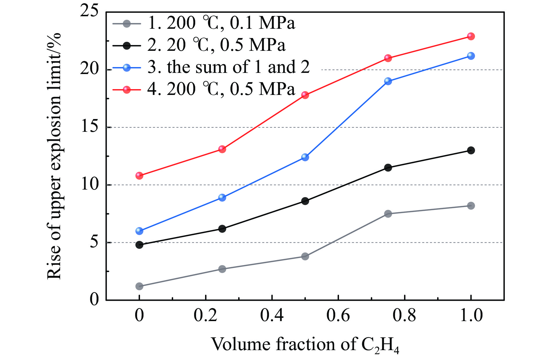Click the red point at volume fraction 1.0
click(471, 36)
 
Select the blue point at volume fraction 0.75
click(388, 81)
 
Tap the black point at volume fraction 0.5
click(305, 201)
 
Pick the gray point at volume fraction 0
click(139, 286)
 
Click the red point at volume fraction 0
click(139, 176)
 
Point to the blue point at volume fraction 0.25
click(222, 198)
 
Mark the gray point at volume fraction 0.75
click(388, 214)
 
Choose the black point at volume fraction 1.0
click(471, 150)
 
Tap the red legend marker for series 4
click(127, 90)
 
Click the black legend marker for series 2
click(127, 46)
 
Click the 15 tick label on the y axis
click(89, 127)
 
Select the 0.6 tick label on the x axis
click(338, 316)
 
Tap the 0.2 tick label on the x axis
click(205, 316)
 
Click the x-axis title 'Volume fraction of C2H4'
click(305, 345)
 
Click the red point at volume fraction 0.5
click(305, 95)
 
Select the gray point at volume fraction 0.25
click(222, 269)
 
